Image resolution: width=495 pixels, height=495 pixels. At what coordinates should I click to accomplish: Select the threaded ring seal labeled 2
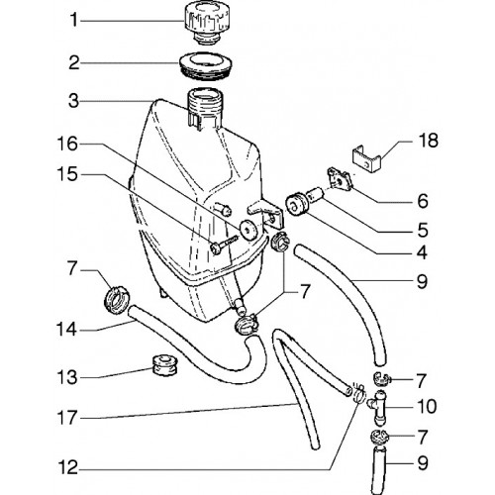[x=205, y=67]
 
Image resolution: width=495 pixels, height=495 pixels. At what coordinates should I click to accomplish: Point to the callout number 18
[x=428, y=141]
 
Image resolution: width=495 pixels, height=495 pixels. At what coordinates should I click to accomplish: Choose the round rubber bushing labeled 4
[x=295, y=205]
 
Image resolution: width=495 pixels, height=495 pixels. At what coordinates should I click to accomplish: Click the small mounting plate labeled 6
[x=341, y=180]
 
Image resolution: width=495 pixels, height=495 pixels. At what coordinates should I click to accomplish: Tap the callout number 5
[x=423, y=230]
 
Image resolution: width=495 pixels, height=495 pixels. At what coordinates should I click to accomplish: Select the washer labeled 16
[x=248, y=229]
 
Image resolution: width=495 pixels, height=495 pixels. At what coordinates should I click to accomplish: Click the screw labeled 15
[x=224, y=245]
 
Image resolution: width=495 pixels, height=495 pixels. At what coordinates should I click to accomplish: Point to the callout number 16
[x=67, y=145]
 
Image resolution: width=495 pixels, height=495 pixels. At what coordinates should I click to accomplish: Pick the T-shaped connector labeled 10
[x=378, y=407]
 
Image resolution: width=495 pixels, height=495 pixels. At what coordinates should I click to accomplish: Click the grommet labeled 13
[x=165, y=365]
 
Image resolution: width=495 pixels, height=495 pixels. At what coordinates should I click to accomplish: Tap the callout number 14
[x=67, y=330]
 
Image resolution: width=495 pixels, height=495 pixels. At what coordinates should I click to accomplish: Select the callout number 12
[x=68, y=468]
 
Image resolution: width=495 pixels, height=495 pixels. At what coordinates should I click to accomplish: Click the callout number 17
[x=67, y=418]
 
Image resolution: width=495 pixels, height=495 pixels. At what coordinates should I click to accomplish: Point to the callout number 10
[x=427, y=407]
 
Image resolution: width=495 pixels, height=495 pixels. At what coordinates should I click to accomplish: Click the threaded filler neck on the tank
[x=206, y=107]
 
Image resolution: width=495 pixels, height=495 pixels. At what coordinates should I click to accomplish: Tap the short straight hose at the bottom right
[x=379, y=469]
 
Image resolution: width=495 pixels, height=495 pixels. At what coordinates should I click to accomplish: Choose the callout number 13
[x=67, y=377]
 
